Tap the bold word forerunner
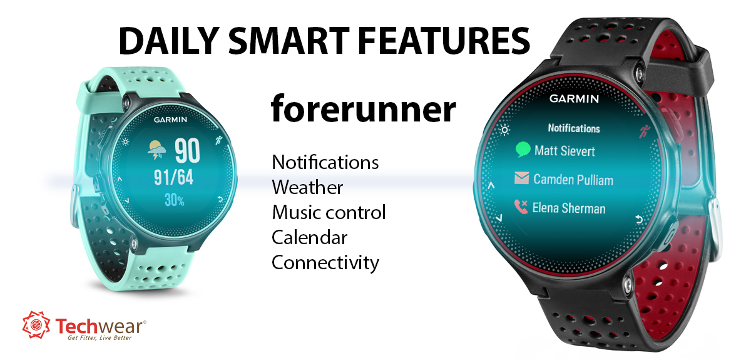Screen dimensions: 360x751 (363, 109)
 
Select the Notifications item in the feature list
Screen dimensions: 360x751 (325, 163)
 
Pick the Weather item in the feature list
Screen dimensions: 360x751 (307, 187)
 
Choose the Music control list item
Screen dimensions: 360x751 (329, 212)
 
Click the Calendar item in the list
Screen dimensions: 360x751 (309, 237)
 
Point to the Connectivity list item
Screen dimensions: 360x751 (325, 262)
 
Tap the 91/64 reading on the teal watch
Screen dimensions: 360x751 (173, 178)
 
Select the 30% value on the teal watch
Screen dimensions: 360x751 (174, 200)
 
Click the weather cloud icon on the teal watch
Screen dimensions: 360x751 (156, 149)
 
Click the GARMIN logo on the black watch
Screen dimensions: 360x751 (574, 99)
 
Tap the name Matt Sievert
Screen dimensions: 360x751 (565, 151)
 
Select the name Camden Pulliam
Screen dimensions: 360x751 (573, 180)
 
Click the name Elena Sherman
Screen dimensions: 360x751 (568, 208)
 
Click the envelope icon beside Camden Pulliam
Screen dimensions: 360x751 (521, 179)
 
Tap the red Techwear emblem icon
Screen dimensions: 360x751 (36, 324)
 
